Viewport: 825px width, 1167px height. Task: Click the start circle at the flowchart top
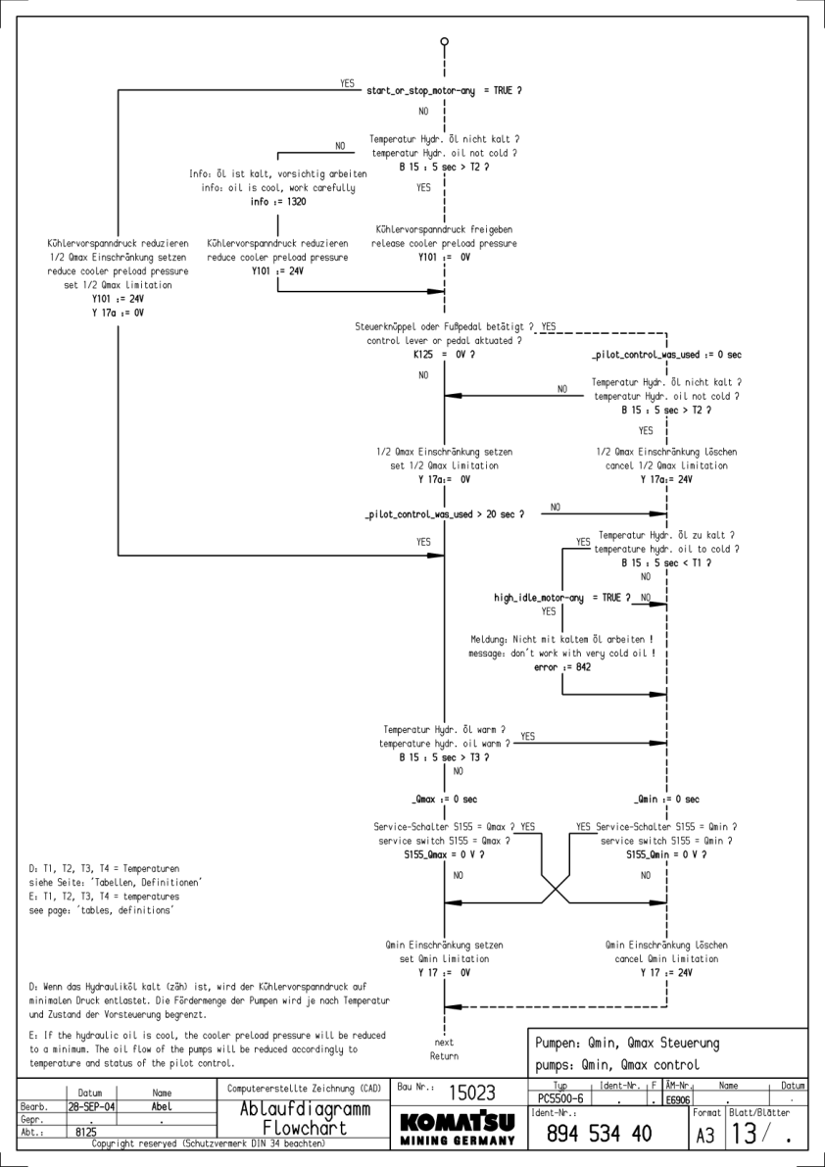(x=445, y=41)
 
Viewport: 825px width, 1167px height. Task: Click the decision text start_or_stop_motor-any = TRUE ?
(x=444, y=91)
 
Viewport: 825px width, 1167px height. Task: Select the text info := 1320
(x=278, y=202)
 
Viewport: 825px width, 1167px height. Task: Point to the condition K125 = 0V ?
(x=445, y=354)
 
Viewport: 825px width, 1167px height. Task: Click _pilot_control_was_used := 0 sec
(x=666, y=354)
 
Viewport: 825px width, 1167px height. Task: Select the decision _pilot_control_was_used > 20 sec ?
(x=444, y=513)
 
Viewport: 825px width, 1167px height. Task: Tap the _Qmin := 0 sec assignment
(x=666, y=800)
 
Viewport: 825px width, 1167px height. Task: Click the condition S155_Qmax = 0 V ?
(x=444, y=854)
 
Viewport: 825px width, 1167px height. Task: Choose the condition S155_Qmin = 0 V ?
(x=666, y=854)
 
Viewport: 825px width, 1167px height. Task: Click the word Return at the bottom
(x=444, y=1056)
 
